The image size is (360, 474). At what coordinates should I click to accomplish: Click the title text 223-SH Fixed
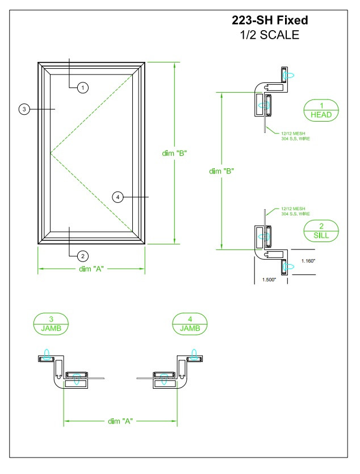pyautogui.click(x=270, y=20)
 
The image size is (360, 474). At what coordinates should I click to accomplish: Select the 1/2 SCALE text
pyautogui.click(x=270, y=35)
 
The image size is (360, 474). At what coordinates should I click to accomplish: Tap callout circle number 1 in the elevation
pyautogui.click(x=83, y=88)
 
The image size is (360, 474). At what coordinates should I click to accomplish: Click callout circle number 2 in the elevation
pyautogui.click(x=83, y=255)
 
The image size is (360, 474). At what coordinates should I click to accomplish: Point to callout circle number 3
pyautogui.click(x=24, y=109)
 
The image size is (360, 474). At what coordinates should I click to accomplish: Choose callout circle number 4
pyautogui.click(x=118, y=197)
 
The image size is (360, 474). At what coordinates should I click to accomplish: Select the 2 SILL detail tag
pyautogui.click(x=321, y=230)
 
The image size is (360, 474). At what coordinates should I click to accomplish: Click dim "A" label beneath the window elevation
pyautogui.click(x=91, y=269)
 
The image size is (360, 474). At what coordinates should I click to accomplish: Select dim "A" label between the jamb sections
pyautogui.click(x=120, y=421)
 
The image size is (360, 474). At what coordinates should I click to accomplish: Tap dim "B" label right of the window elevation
pyautogui.click(x=174, y=153)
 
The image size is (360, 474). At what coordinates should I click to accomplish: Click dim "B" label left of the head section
pyautogui.click(x=222, y=171)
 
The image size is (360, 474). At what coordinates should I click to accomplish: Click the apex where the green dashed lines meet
pyautogui.click(x=51, y=153)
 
